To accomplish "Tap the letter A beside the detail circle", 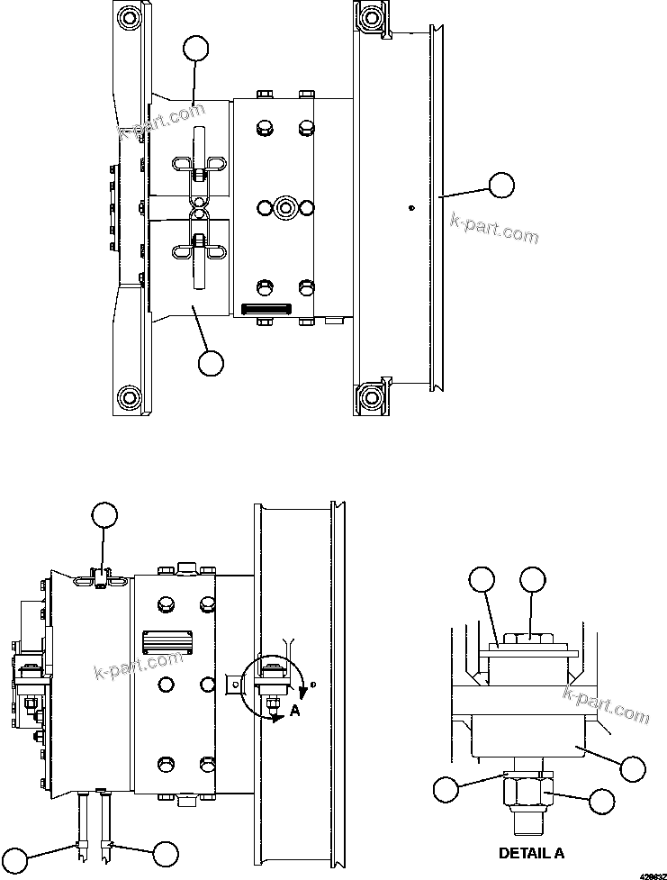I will (295, 710).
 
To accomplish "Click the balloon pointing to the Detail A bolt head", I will (534, 581).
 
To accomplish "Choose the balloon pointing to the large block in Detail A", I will (634, 768).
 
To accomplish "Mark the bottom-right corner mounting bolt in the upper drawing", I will (370, 395).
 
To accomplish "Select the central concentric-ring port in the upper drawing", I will (285, 208).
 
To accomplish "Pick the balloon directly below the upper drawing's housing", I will (210, 362).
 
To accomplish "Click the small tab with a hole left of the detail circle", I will (232, 685).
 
